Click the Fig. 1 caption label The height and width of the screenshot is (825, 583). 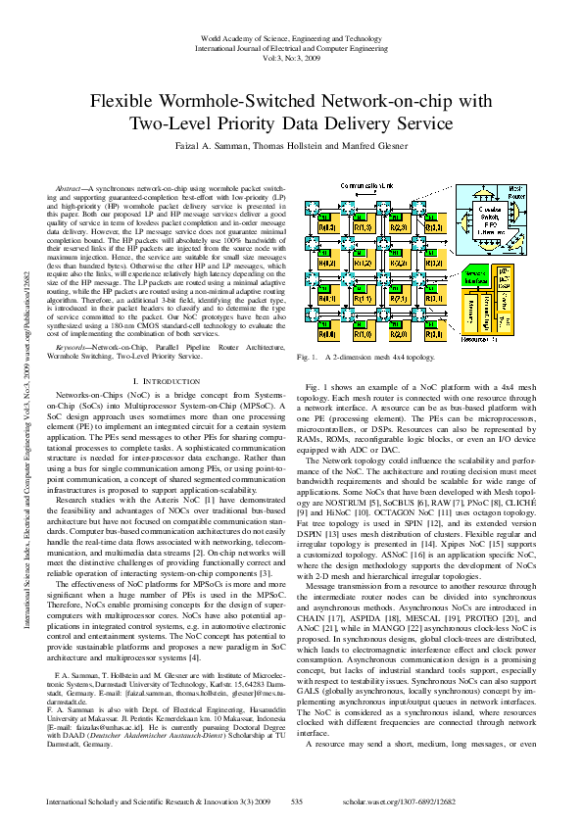pos(316,330)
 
